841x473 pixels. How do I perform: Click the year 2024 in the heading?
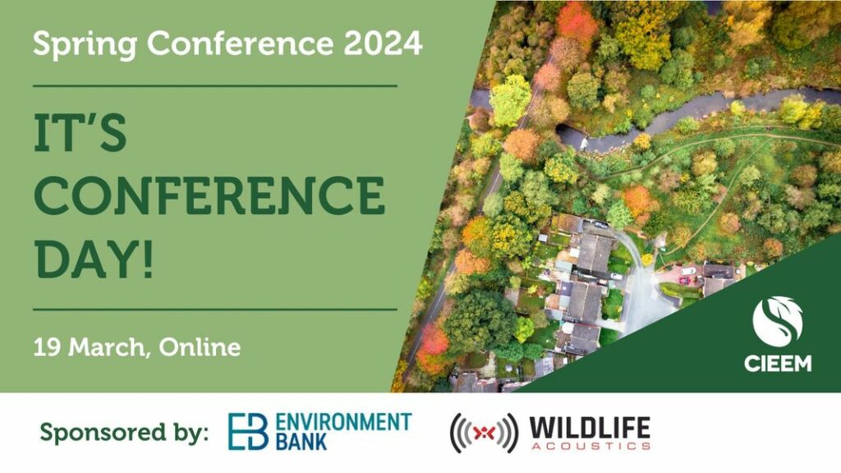[383, 43]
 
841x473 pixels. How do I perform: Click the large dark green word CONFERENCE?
[209, 195]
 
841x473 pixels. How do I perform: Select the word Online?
[200, 347]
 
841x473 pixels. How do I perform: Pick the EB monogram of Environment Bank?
[248, 431]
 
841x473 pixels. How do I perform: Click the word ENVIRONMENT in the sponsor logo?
[344, 422]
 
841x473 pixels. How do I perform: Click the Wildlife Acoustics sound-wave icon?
[484, 433]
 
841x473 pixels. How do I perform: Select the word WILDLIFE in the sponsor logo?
[590, 428]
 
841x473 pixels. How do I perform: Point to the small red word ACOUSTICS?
[591, 446]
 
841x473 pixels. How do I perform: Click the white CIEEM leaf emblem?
[778, 322]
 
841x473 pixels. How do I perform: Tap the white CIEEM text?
[778, 363]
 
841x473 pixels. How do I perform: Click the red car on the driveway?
[684, 280]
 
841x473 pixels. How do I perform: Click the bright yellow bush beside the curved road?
[647, 259]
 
